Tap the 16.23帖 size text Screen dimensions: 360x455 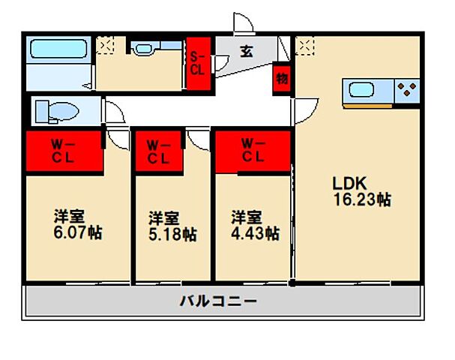(362, 200)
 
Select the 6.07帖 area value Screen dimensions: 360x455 (77, 233)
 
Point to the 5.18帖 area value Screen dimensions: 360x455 (172, 235)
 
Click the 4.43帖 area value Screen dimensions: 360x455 (255, 235)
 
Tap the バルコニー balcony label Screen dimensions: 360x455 (218, 302)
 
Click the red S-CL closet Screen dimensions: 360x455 (199, 64)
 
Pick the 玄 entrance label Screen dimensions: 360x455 (246, 52)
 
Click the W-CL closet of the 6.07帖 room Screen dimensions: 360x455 (64, 151)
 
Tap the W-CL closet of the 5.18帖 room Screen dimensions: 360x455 (157, 151)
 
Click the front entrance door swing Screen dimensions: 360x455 (243, 24)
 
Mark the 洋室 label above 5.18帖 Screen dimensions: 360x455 (163, 218)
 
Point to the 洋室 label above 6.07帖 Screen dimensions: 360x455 (68, 216)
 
